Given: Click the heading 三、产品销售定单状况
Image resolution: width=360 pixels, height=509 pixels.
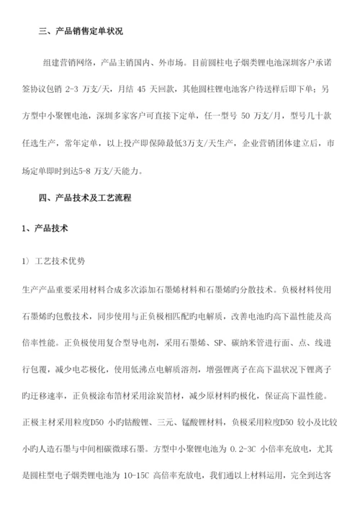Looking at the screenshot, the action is pos(80,31).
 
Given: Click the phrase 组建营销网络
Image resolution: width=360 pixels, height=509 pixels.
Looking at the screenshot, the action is pos(69,63).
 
